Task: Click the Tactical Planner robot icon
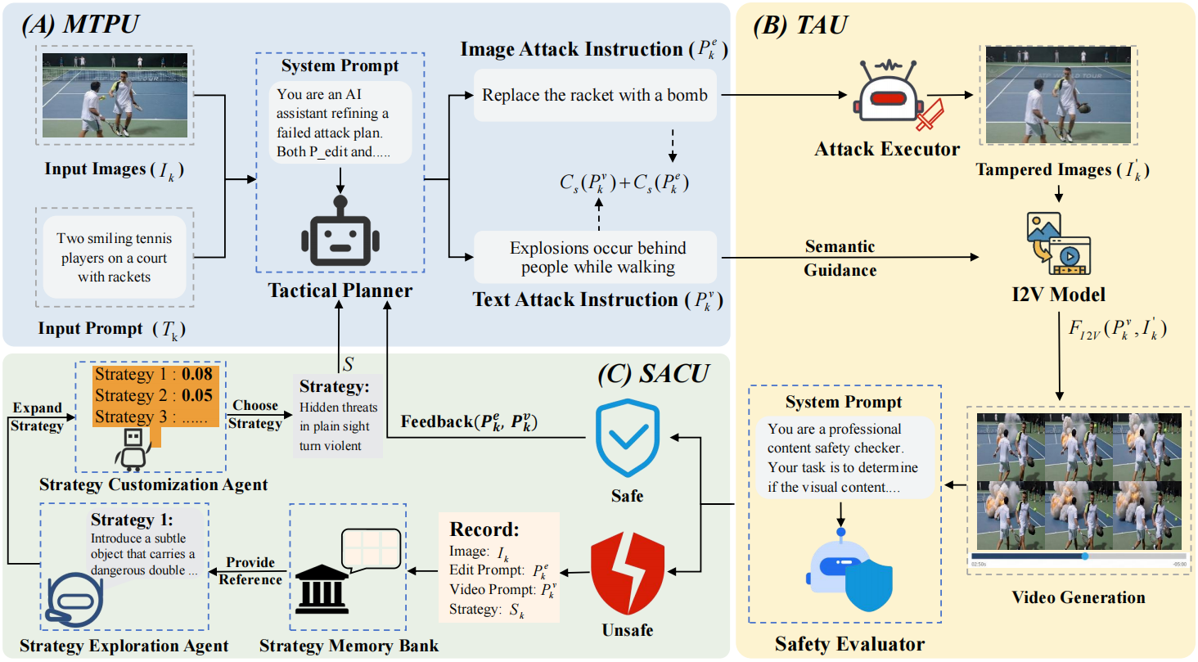pyautogui.click(x=340, y=234)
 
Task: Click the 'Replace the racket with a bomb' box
pyautogui.click(x=594, y=95)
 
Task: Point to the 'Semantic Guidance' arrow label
pyautogui.click(x=840, y=257)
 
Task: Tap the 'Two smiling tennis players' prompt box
pyautogui.click(x=115, y=257)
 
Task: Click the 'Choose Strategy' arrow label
pyautogui.click(x=255, y=414)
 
